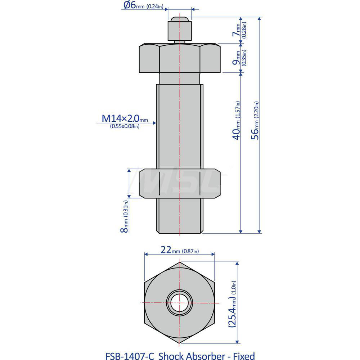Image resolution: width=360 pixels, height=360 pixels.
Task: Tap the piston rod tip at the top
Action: point(179,21)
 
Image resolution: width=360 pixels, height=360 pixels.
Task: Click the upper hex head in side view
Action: point(179,58)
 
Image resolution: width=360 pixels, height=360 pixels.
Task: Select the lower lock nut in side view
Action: point(179,184)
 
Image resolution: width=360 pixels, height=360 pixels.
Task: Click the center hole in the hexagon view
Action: point(179,302)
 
